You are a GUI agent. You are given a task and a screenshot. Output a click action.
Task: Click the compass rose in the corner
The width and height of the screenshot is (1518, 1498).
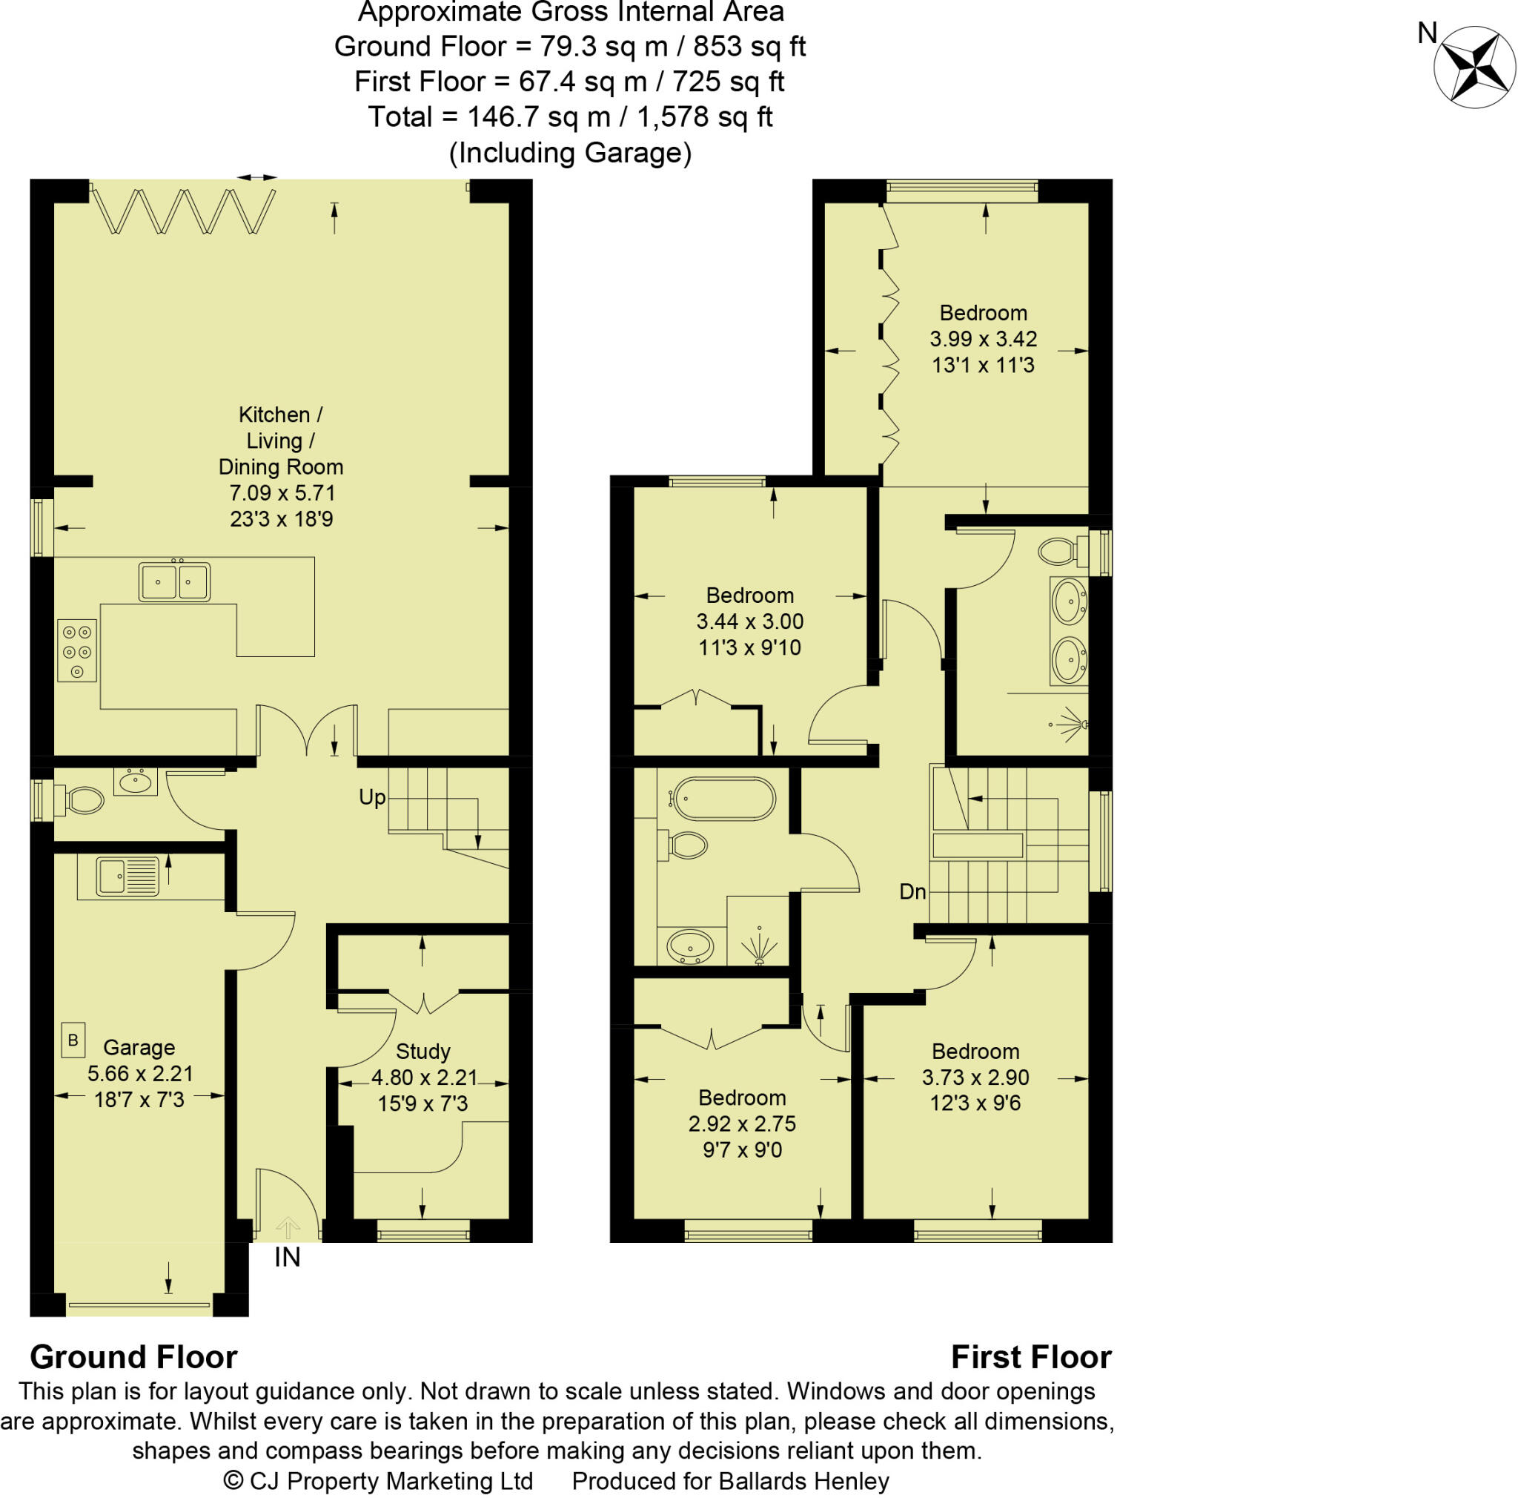(x=1474, y=66)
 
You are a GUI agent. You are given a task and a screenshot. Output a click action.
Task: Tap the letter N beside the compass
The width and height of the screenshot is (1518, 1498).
(x=1428, y=33)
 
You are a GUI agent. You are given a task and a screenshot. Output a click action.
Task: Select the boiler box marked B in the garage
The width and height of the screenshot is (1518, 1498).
(x=73, y=1040)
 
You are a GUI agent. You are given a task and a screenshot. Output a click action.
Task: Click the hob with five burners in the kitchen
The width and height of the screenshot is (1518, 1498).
(x=77, y=651)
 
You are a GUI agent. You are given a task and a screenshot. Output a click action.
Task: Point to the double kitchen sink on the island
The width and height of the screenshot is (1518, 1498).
(x=174, y=582)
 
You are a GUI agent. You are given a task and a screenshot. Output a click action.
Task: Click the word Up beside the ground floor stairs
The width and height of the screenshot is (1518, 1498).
(x=371, y=797)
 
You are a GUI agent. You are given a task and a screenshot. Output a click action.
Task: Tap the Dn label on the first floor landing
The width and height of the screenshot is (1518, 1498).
(x=912, y=891)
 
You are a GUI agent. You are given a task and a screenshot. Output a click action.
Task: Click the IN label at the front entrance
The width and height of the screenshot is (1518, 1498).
(x=288, y=1258)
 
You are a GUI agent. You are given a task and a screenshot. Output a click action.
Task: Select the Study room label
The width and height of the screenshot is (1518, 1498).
(x=422, y=1051)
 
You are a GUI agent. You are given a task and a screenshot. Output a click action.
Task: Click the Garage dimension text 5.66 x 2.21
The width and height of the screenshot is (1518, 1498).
(x=140, y=1074)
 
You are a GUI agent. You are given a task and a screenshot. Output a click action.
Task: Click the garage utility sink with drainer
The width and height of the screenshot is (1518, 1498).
(x=127, y=877)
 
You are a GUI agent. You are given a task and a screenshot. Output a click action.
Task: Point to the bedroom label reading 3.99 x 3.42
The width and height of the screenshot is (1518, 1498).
(x=983, y=339)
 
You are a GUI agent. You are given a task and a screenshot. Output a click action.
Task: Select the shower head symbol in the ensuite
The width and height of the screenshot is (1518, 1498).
(x=1071, y=724)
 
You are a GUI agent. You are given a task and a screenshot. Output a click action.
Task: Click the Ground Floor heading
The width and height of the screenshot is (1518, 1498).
(x=133, y=1357)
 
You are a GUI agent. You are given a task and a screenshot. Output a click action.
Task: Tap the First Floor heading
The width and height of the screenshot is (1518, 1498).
(x=1031, y=1357)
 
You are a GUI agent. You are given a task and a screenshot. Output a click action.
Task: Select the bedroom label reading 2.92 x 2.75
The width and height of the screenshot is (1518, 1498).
(x=742, y=1124)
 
